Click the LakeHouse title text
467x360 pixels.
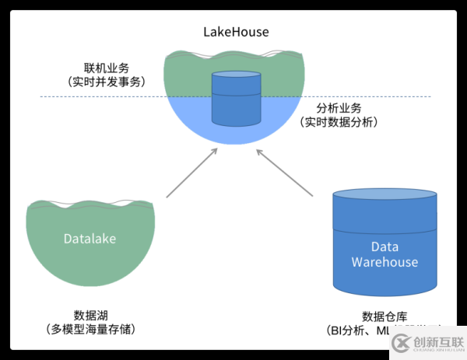point(236,32)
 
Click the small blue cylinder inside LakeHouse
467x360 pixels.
point(236,99)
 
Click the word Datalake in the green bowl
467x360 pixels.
point(90,239)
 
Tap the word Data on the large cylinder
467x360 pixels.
point(384,247)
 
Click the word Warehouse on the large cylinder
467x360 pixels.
point(384,262)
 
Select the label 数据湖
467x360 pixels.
point(90,315)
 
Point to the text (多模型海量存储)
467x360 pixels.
point(90,329)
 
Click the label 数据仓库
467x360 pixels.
point(384,316)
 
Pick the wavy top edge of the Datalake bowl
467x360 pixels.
point(90,205)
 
